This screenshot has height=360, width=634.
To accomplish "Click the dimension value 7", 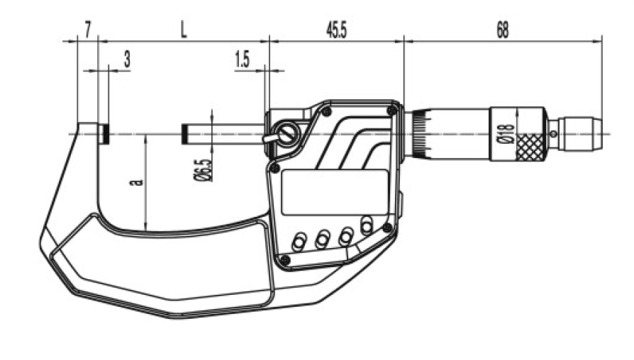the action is pyautogui.click(x=88, y=30).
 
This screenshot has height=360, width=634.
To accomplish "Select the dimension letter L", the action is pyautogui.click(x=184, y=30).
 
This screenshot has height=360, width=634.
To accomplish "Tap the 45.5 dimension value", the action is pyautogui.click(x=336, y=30).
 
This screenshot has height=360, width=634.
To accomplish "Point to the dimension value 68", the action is pyautogui.click(x=502, y=30).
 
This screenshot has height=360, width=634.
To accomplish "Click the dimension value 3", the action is pyautogui.click(x=127, y=59).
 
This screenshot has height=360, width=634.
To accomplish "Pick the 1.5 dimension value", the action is pyautogui.click(x=242, y=60).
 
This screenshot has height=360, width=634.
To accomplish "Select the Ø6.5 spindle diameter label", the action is pyautogui.click(x=204, y=169).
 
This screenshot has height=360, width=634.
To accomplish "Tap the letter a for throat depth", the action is pyautogui.click(x=138, y=182).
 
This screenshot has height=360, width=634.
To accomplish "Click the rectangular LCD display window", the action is pyautogui.click(x=335, y=192).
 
